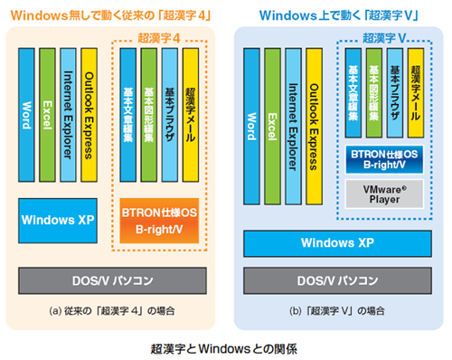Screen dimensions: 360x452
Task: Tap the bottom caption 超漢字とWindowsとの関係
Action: tap(225, 346)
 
